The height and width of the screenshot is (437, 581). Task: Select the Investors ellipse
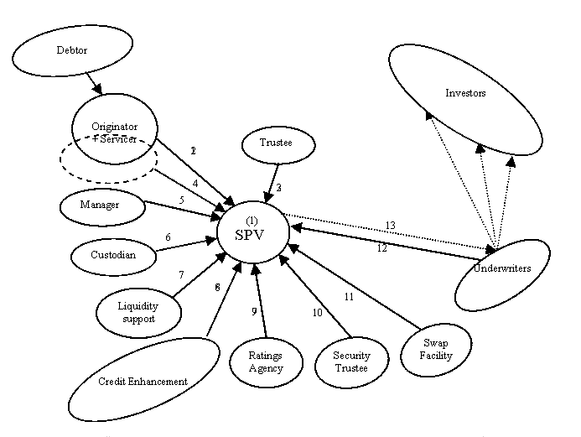[x=464, y=94]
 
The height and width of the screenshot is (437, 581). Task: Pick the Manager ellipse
[x=100, y=205]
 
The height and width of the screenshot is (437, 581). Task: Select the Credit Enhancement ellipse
[x=143, y=381]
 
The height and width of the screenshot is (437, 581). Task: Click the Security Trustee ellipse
[x=345, y=362]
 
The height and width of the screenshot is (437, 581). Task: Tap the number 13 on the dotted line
[x=390, y=225]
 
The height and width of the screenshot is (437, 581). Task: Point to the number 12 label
[x=381, y=247]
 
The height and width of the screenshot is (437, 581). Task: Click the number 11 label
[x=350, y=296]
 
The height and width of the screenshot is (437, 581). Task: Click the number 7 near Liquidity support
[x=180, y=274]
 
